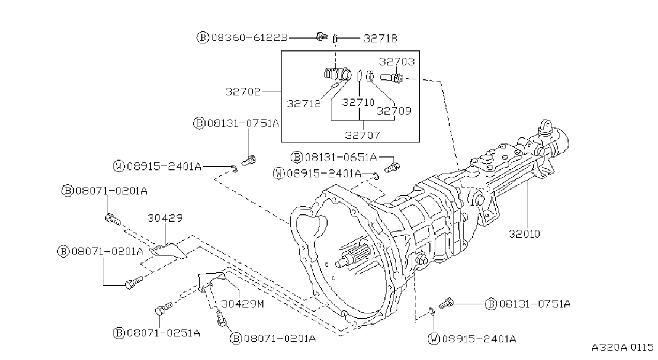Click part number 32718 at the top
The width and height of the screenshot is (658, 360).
[380, 39]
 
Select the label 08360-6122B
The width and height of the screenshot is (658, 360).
[249, 37]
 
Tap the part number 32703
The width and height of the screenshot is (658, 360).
[397, 62]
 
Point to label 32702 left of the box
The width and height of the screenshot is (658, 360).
[243, 92]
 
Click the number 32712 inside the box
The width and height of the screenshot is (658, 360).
[304, 104]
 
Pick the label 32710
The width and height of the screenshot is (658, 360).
[358, 102]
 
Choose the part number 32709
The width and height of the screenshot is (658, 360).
[394, 111]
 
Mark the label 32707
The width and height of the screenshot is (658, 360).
[362, 135]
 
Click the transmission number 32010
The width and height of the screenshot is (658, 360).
[524, 234]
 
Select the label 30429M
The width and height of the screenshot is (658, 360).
[243, 304]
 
